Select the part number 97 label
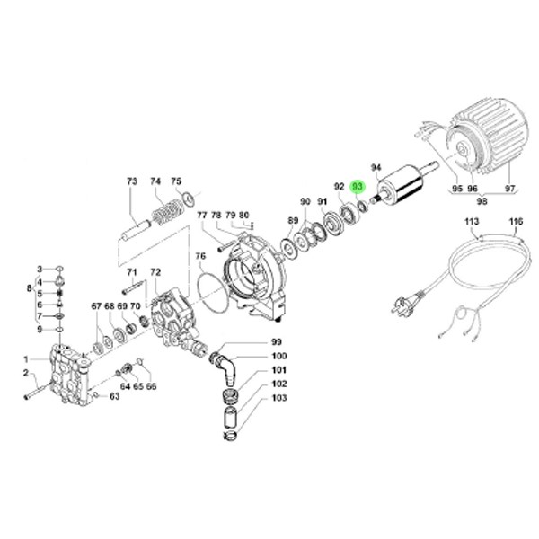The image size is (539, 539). (x=510, y=189)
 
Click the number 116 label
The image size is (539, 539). (x=516, y=220)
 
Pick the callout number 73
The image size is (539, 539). (x=132, y=181)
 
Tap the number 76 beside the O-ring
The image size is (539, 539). (x=199, y=257)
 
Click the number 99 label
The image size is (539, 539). (x=277, y=342)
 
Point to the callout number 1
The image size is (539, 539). (x=27, y=360)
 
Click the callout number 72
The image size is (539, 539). (x=155, y=272)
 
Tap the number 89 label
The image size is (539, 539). (x=293, y=220)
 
